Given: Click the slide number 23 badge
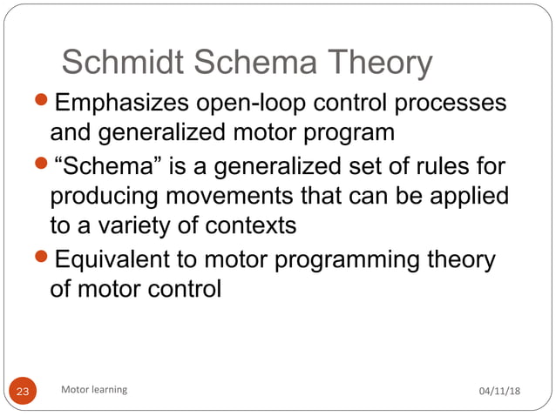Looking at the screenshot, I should pos(23,392).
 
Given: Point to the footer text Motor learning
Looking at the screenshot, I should pos(93,390).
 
